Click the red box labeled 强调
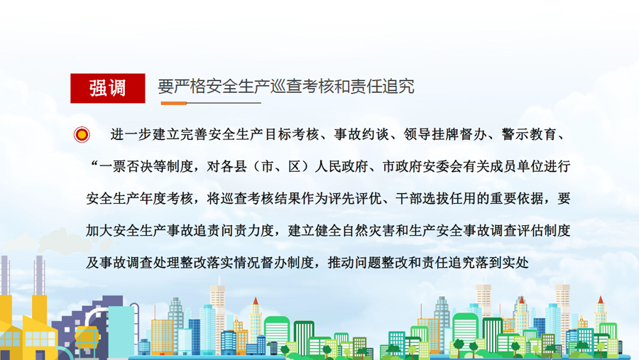(x=108, y=88)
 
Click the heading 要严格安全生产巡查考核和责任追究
(x=286, y=87)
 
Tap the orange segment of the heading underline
(x=174, y=103)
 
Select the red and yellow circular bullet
(x=82, y=134)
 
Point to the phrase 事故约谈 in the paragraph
(x=361, y=134)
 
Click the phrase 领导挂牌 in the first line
(x=431, y=134)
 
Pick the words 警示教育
(x=528, y=134)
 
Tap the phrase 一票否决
(x=126, y=166)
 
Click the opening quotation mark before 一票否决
(x=94, y=163)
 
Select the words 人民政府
(x=341, y=166)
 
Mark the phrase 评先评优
(x=356, y=199)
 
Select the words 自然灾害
(x=368, y=231)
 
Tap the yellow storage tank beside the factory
(x=87, y=337)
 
